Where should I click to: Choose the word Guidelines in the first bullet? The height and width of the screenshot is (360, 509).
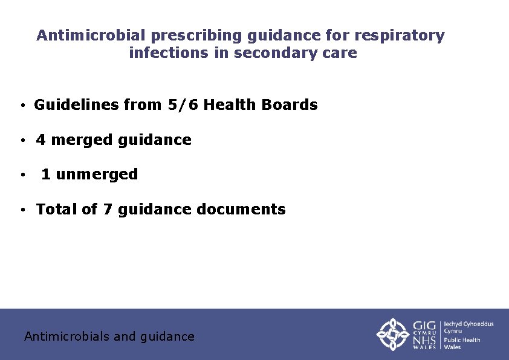(x=76, y=105)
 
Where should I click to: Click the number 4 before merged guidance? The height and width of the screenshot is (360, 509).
(x=41, y=140)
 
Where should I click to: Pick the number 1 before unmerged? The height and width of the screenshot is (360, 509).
(x=46, y=175)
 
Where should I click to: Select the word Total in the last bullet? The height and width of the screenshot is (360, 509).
(x=57, y=210)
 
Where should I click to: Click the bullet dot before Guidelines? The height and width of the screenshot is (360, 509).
(x=22, y=106)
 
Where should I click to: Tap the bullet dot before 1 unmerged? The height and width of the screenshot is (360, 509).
(x=22, y=176)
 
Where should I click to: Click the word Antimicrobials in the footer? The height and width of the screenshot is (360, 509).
(x=67, y=336)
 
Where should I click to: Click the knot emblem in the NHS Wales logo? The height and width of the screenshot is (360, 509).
(x=393, y=334)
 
